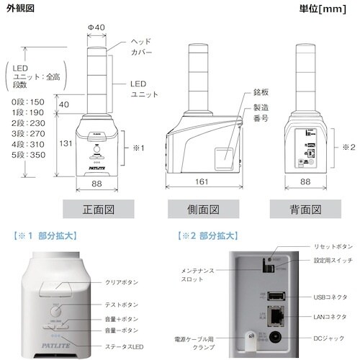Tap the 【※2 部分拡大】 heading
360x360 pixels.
pyautogui.click(x=209, y=235)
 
